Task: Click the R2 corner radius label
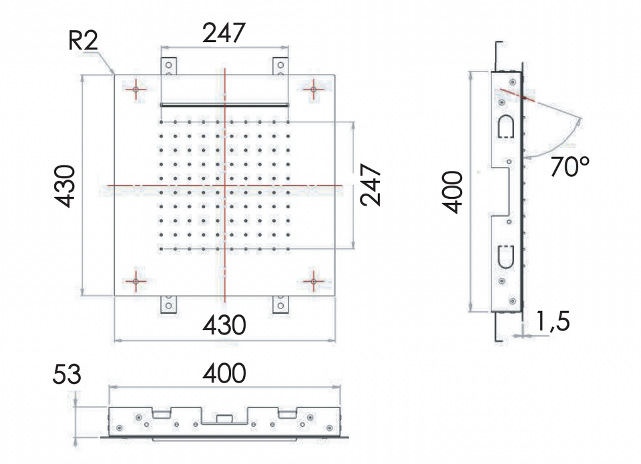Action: pyautogui.click(x=83, y=41)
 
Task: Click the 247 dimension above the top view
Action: pyautogui.click(x=224, y=33)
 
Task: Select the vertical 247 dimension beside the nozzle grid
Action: pyautogui.click(x=371, y=185)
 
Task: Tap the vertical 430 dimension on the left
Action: pyautogui.click(x=65, y=186)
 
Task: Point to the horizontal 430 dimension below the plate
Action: pyautogui.click(x=224, y=325)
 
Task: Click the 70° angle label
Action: pyautogui.click(x=570, y=166)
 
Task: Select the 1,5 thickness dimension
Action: pyautogui.click(x=552, y=321)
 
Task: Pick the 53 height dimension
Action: pyautogui.click(x=67, y=375)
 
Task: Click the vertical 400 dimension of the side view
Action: pyautogui.click(x=453, y=192)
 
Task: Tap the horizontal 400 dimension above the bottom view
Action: pyautogui.click(x=224, y=373)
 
